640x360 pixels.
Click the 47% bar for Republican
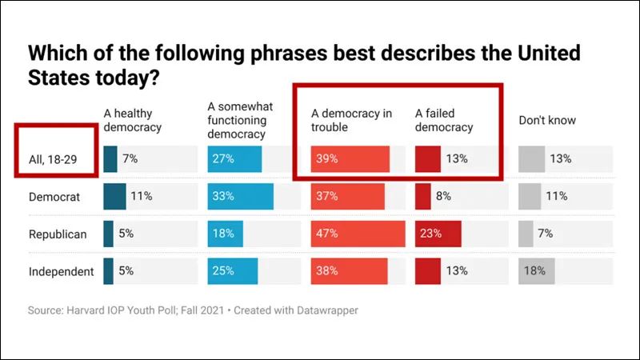pyautogui.click(x=358, y=234)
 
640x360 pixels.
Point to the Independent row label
pyautogui.click(x=61, y=271)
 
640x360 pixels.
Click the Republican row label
pyautogui.click(x=58, y=234)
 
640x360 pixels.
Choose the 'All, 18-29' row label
pyautogui.click(x=56, y=158)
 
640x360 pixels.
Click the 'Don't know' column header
pyautogui.click(x=547, y=121)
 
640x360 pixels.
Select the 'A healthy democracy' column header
pyautogui.click(x=133, y=121)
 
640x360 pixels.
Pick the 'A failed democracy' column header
pyautogui.click(x=445, y=121)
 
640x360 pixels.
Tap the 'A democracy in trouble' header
pyautogui.click(x=351, y=121)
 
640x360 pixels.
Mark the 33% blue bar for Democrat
pyautogui.click(x=240, y=196)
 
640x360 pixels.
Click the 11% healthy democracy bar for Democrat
pyautogui.click(x=114, y=196)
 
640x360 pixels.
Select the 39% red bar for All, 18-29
pyautogui.click(x=350, y=158)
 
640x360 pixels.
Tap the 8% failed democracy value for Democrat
pyautogui.click(x=442, y=196)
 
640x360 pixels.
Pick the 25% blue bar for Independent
pyautogui.click(x=232, y=271)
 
